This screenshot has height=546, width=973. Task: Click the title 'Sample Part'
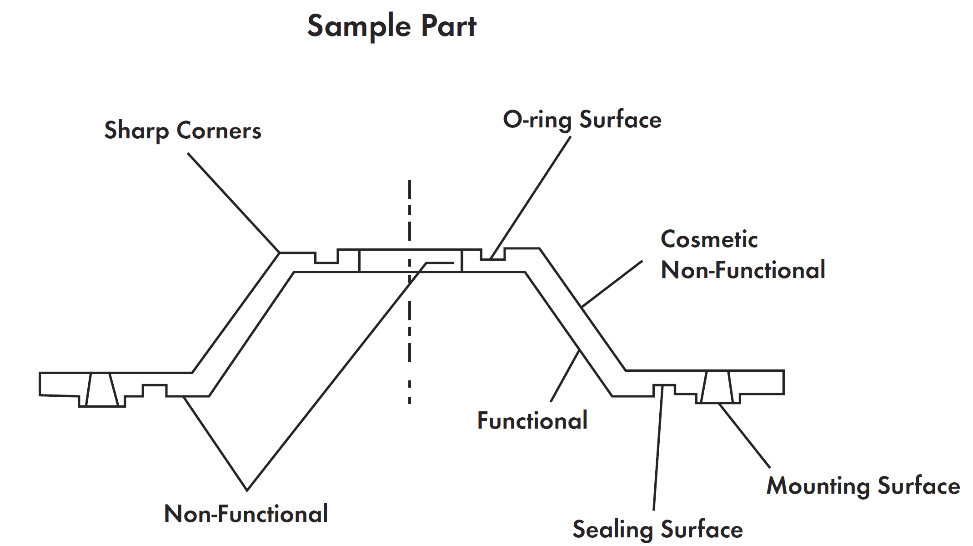pos(391,26)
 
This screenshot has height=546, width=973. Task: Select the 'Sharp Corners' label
pos(183,131)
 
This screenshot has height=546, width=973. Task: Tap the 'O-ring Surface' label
pos(582,120)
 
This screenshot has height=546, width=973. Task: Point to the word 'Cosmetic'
pos(709,239)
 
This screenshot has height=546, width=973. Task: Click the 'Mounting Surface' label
pos(863,485)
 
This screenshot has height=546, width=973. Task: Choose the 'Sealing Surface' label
pos(657,529)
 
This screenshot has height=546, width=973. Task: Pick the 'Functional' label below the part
pos(532,420)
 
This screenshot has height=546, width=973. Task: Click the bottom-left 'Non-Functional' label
pos(246,514)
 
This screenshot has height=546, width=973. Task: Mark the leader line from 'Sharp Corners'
pos(234,202)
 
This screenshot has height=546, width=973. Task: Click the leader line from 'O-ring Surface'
pos(530,197)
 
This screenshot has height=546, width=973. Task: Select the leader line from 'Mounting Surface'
pos(744,435)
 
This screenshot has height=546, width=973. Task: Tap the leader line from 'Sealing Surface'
pos(658,448)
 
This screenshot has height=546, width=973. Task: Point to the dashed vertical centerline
pos(410,292)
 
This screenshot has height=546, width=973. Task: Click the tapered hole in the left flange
pos(102,389)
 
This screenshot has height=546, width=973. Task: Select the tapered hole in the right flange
pos(717,387)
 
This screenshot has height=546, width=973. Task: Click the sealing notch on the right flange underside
pos(664,390)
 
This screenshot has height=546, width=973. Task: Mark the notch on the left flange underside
pos(155,391)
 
